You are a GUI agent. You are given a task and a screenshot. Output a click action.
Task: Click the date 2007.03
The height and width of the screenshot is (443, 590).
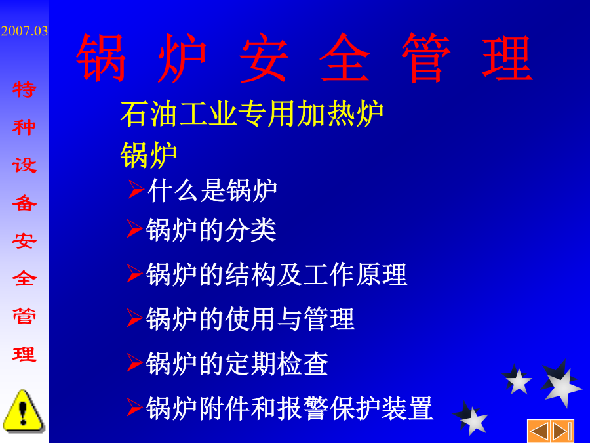coord(24,31)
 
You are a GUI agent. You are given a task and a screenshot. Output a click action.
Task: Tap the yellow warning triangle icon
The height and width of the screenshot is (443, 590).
coord(24,411)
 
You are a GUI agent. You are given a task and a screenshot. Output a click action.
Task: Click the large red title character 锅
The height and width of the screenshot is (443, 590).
coord(101,58)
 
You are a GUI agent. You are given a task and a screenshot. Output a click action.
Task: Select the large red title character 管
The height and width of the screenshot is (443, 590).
coord(426,58)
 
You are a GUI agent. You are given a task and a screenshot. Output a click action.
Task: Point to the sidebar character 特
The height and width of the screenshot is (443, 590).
coord(24,90)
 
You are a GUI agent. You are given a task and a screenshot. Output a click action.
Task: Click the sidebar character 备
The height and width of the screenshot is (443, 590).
coord(24,203)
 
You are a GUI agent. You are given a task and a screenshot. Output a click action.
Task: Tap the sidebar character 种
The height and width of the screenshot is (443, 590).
coord(24,127)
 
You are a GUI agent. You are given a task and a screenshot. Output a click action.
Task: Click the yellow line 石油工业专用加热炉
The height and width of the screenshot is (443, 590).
coord(252,114)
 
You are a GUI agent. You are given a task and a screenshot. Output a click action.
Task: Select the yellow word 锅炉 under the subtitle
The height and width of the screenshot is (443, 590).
coord(149,155)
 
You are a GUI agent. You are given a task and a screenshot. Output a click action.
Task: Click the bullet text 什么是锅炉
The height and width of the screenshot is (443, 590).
coord(212,190)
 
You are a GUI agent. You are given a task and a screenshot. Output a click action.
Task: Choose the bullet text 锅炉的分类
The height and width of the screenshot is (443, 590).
coord(211,230)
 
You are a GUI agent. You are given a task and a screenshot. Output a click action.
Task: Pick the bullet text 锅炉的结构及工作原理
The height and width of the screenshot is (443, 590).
coord(277,274)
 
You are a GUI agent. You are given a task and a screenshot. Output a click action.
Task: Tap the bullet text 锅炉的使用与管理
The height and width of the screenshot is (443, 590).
coord(250,319)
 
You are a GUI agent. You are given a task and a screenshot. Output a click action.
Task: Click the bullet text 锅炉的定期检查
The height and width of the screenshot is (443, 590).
coord(237,364)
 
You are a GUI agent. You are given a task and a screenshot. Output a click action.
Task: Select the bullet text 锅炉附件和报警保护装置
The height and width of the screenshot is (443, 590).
coord(289,408)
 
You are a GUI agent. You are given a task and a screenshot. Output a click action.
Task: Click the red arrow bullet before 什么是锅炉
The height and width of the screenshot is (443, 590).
coord(136,189)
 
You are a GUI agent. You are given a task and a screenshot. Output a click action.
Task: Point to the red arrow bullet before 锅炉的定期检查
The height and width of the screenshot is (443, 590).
coord(134,362)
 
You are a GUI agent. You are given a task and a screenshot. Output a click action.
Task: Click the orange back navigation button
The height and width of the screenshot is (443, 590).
coord(539,431)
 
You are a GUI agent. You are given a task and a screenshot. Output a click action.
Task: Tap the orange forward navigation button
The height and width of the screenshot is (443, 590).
coord(562,431)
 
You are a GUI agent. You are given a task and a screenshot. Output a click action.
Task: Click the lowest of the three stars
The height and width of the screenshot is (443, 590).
coord(471,418)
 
